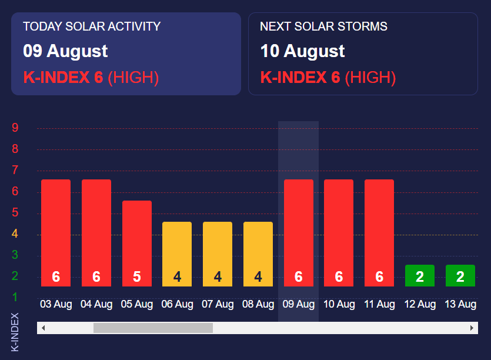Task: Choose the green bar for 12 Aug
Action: click(420, 275)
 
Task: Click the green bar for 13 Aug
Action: click(460, 275)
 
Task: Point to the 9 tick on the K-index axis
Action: click(15, 128)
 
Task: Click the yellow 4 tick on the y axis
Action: click(15, 234)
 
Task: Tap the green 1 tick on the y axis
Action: click(15, 297)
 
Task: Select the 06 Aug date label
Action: click(177, 304)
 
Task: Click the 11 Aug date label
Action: click(379, 304)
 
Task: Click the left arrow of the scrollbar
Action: click(43, 328)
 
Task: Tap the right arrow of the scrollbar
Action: click(472, 328)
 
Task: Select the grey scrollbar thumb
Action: click(153, 328)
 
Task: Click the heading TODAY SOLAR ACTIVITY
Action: click(92, 26)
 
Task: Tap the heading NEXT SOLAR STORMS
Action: click(323, 26)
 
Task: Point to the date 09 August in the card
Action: click(65, 51)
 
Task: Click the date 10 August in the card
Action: click(302, 51)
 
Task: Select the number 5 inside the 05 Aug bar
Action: click(137, 276)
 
